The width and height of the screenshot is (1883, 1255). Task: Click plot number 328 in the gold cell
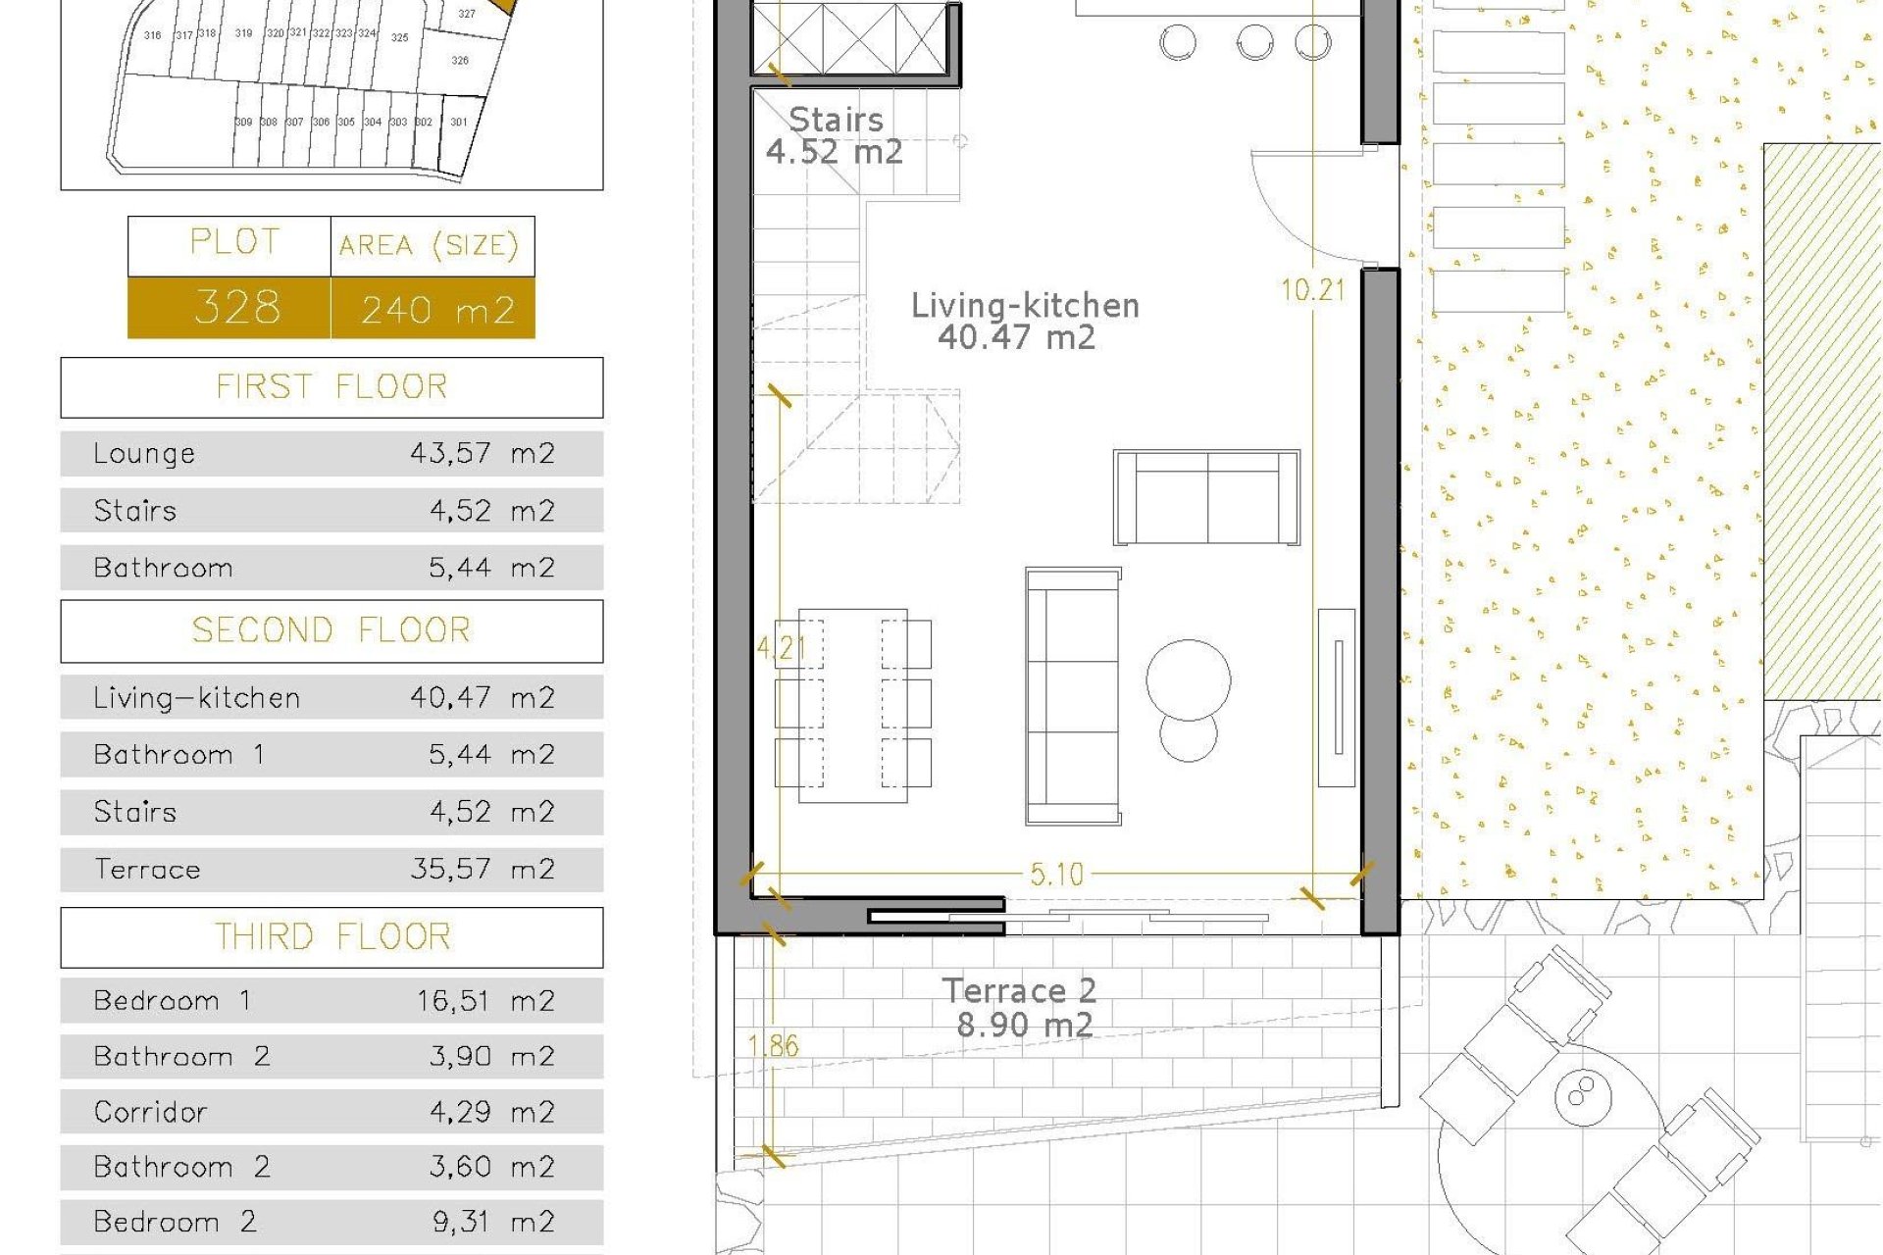coord(236,307)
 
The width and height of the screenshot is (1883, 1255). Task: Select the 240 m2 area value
coord(437,310)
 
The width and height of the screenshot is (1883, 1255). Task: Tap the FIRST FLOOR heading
coord(331,387)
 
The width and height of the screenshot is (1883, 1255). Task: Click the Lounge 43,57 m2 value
coord(482,453)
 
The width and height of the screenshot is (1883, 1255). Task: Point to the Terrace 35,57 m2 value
coord(482,869)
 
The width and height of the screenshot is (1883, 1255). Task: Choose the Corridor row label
coord(150,1112)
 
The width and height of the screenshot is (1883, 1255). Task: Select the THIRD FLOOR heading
coord(331,937)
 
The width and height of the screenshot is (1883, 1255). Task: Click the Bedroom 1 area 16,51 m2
coord(485,1000)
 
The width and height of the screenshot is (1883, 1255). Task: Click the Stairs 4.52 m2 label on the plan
coord(835,135)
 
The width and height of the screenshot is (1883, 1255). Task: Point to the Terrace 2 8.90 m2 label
coord(1021,1008)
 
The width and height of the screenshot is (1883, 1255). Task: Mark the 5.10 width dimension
coord(1056,874)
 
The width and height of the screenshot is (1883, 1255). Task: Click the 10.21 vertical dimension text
coord(1312,290)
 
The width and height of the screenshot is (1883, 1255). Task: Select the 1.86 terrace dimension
coord(774,1045)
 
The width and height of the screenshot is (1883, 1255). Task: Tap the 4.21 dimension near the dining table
coord(781,647)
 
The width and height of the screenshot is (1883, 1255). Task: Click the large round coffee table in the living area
coord(1188,679)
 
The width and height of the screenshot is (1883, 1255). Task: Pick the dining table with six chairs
coord(852,705)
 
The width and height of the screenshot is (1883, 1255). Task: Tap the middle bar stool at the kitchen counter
coord(1254,42)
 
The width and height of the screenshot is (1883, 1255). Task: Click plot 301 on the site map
coord(458,124)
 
